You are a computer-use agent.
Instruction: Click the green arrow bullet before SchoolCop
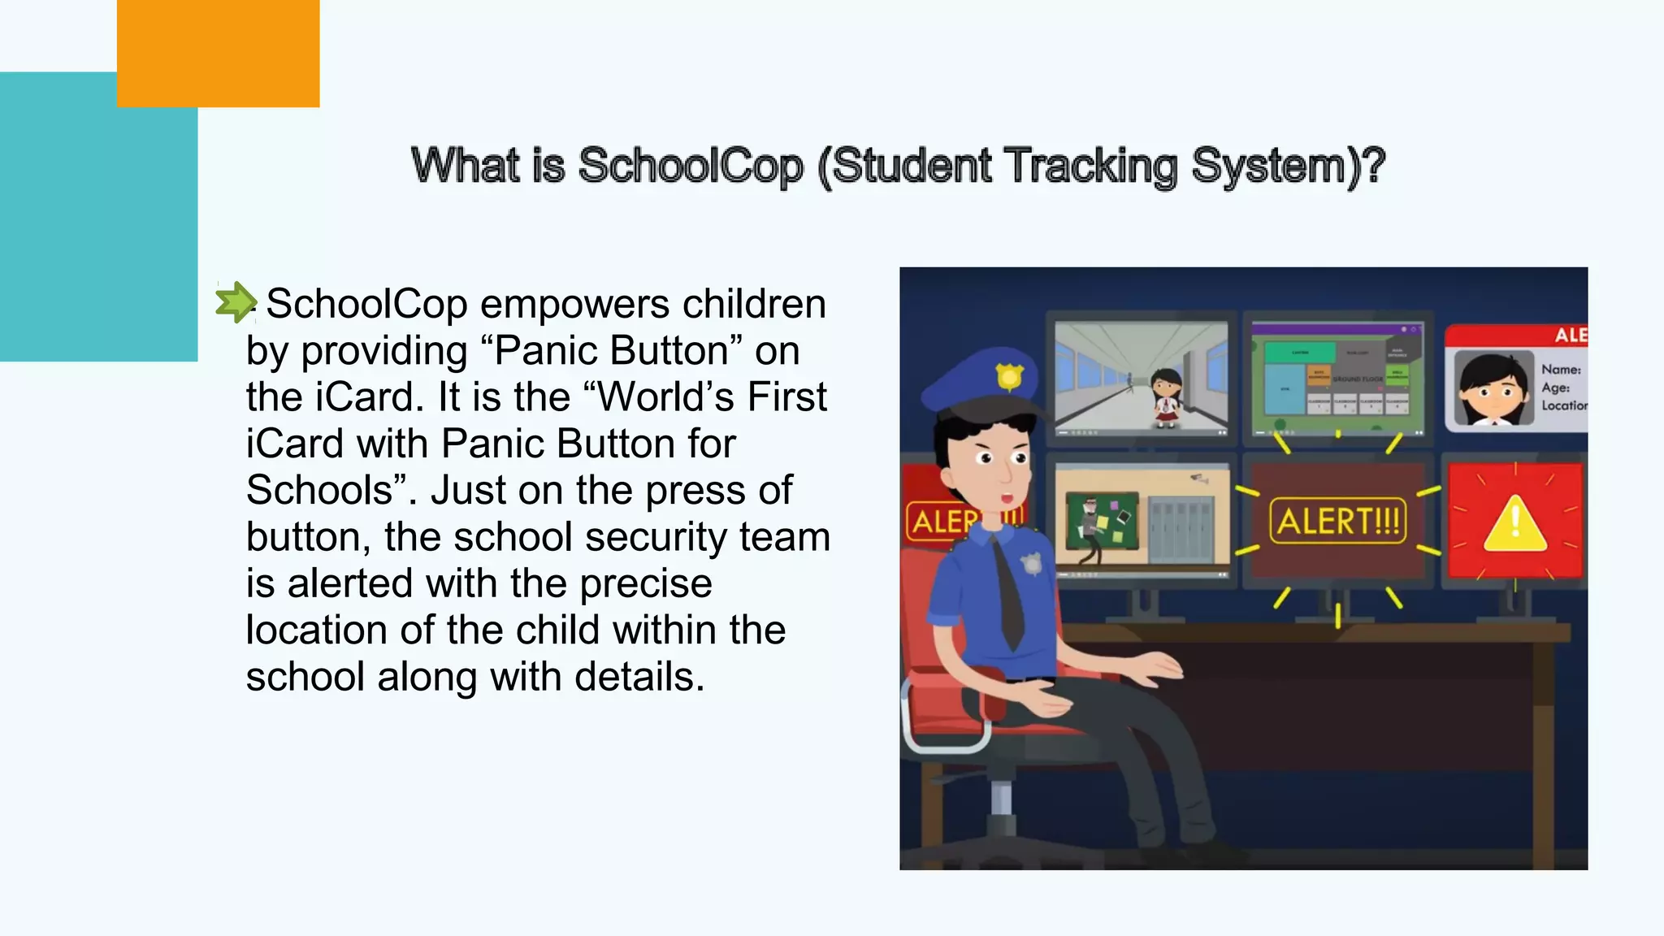coord(236,302)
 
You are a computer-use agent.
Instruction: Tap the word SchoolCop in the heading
coord(690,166)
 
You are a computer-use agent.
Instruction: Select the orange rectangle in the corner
coord(218,53)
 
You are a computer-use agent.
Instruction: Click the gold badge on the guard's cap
coord(1009,376)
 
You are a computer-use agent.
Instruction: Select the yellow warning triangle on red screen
coord(1514,524)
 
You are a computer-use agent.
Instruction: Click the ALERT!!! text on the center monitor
coord(1337,521)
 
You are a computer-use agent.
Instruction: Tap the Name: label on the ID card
coord(1561,369)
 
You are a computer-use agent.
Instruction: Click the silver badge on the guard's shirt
coord(1031,563)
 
